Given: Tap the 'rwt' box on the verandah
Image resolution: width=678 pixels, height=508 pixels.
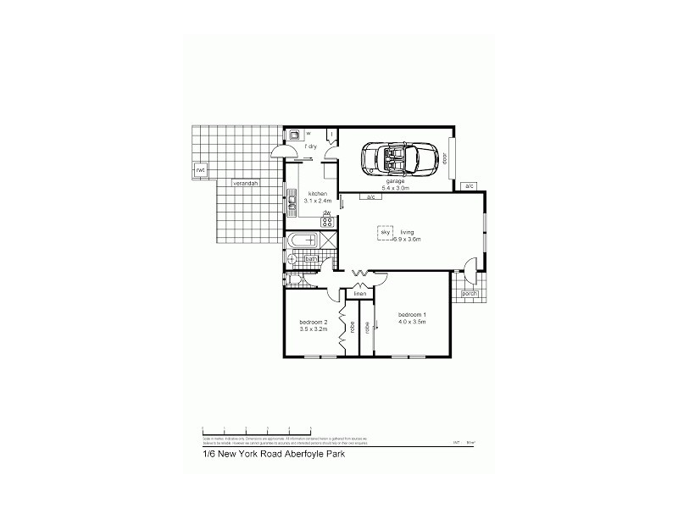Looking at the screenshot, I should coord(202,170).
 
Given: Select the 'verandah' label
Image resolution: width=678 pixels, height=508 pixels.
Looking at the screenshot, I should coord(247,183).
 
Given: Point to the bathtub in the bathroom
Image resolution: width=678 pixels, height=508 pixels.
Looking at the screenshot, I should coord(301,242).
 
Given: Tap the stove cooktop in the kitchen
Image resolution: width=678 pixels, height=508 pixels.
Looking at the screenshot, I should coord(327,222).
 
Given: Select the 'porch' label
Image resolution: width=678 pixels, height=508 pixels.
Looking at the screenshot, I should coord(469,294).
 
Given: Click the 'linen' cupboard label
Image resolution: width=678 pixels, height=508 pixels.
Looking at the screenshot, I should coord(359,294).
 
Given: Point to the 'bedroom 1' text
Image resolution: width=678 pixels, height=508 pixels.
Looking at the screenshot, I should coord(411,314).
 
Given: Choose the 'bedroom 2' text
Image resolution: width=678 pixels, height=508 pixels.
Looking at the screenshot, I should coord(314,322).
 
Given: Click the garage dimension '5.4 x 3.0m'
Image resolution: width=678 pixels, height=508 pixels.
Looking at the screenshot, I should coord(396,187).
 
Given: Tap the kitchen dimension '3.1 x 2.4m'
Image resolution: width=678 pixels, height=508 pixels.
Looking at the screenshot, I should coord(317,201).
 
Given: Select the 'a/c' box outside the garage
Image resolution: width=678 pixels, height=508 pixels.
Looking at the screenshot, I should coord(469,185).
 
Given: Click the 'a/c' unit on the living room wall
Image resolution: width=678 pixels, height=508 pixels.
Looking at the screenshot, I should coord(370,198).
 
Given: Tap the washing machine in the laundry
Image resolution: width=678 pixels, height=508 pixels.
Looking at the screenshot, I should coord(293,134).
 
